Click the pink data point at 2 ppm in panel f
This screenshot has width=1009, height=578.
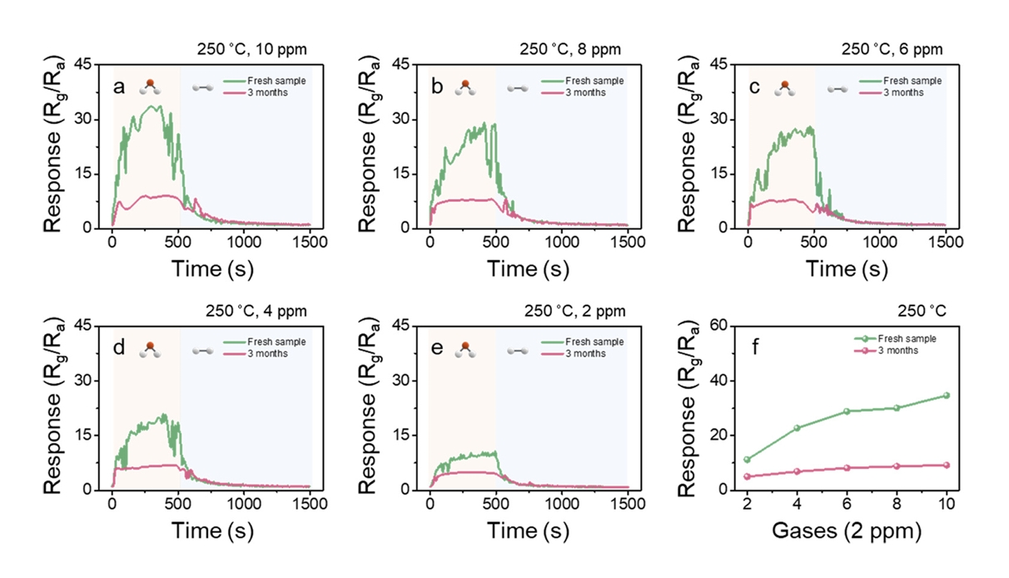point(747,476)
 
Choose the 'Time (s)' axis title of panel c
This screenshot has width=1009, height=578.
point(847,268)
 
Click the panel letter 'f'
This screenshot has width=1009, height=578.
point(755,347)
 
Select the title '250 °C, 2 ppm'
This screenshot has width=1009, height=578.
point(574,311)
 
